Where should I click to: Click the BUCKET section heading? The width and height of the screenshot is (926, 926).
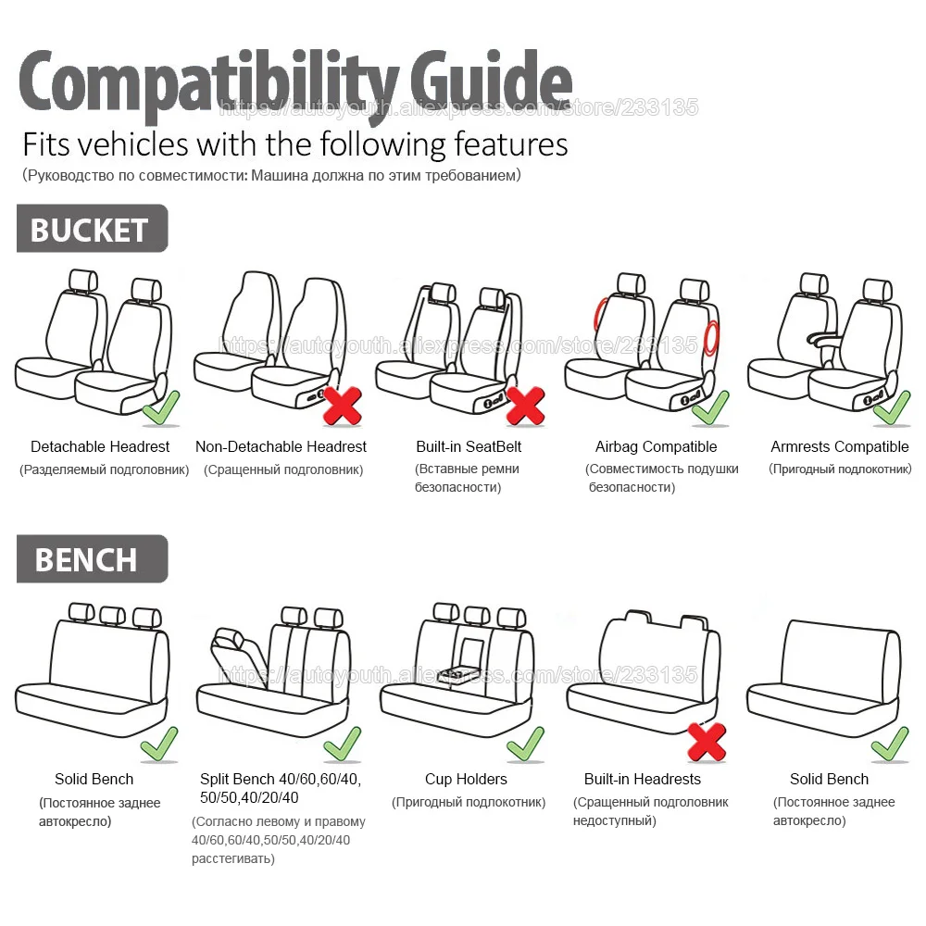[90, 230]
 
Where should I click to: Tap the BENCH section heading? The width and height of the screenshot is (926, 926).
[86, 559]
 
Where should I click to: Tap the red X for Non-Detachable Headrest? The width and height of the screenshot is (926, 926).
[343, 406]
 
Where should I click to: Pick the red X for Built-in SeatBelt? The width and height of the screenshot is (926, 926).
[525, 406]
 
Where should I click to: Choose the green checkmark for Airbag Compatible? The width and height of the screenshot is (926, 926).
[710, 407]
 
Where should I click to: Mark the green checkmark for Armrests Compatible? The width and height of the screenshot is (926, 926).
[892, 407]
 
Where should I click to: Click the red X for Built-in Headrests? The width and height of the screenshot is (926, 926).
[706, 741]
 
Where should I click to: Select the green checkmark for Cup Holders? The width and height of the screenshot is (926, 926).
[524, 743]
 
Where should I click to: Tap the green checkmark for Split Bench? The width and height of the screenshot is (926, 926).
[342, 743]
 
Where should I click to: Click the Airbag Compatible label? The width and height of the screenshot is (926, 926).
[656, 446]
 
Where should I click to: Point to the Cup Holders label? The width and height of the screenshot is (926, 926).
[466, 779]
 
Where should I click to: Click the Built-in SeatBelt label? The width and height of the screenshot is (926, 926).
[469, 446]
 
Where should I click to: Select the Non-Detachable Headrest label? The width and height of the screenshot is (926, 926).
[281, 446]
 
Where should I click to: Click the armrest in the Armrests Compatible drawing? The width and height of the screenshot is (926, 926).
[821, 341]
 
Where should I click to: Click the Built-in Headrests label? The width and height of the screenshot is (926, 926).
[642, 779]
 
